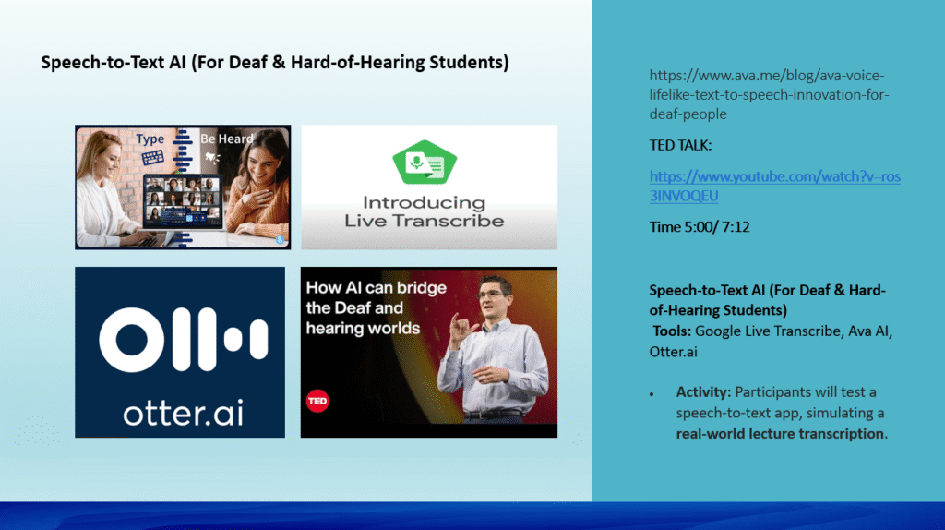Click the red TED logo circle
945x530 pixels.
[x=317, y=401]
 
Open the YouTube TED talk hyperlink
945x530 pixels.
[x=774, y=186]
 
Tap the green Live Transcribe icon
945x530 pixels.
[x=425, y=163]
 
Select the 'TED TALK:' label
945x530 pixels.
[x=680, y=145]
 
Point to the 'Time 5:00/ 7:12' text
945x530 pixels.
[x=700, y=227]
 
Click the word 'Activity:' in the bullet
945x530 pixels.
[x=703, y=391]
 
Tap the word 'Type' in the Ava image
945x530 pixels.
[x=150, y=139]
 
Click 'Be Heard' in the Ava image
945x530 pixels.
[x=227, y=139]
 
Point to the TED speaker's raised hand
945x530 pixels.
[x=461, y=331]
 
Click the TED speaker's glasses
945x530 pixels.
[x=492, y=295]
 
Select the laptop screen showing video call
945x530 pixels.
[x=184, y=200]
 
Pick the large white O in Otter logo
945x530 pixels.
[x=132, y=340]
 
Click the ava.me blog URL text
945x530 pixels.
[x=769, y=95]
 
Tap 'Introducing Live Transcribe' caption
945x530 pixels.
[x=425, y=211]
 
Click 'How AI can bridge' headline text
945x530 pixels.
[x=377, y=287]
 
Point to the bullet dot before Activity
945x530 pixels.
[x=652, y=394]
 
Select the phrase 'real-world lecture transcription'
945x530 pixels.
[x=781, y=434]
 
